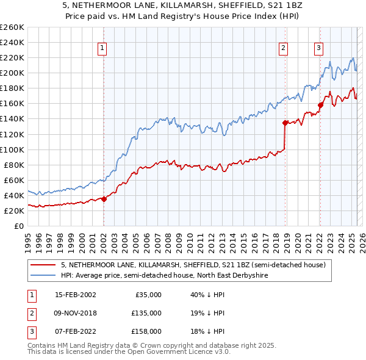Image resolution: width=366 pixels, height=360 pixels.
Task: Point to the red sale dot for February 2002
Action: click(104, 198)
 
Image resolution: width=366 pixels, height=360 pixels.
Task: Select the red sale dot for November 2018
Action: click(285, 123)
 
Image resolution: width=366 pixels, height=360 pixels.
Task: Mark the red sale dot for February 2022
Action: click(320, 105)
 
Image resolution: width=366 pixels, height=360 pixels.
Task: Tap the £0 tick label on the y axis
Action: click(18, 226)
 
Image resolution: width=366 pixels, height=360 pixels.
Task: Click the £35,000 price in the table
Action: click(148, 295)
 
